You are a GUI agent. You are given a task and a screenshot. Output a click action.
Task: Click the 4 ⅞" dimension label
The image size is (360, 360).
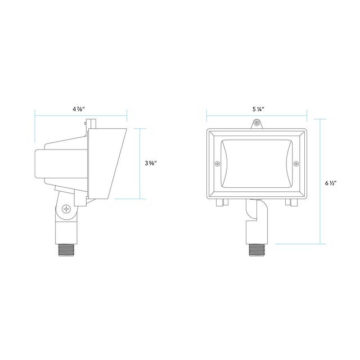click(79, 109)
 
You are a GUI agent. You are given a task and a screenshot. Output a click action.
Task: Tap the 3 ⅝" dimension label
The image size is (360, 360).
click(151, 164)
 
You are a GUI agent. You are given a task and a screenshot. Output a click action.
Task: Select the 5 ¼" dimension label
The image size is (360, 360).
click(258, 109)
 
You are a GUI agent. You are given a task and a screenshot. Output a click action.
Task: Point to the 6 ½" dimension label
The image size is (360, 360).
click(331, 183)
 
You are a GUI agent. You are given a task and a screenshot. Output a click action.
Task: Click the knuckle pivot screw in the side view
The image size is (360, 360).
click(66, 209)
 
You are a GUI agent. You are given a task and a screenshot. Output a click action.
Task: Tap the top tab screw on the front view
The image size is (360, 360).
click(257, 123)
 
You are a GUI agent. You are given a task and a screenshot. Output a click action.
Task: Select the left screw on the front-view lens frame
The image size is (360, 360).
click(217, 164)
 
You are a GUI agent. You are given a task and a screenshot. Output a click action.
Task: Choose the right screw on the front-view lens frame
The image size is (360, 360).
click(296, 164)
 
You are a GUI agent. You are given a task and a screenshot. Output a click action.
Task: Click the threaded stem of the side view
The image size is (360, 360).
click(66, 250)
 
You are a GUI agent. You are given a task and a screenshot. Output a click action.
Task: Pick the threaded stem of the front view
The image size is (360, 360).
click(257, 250)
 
